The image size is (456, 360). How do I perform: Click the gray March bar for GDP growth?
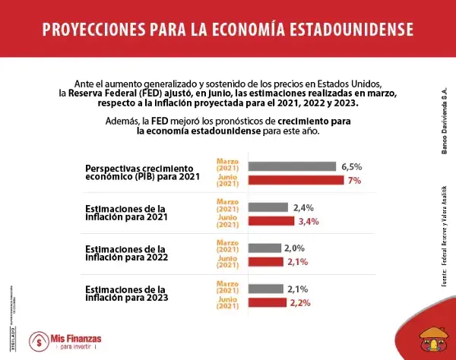pyautogui.click(x=293, y=166)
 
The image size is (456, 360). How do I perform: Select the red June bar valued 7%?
pyautogui.click(x=296, y=180)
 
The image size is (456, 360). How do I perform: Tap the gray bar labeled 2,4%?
pyautogui.click(x=268, y=207)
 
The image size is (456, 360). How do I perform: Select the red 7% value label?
pyautogui.click(x=354, y=180)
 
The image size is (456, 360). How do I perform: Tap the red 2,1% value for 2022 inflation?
pyautogui.click(x=296, y=262)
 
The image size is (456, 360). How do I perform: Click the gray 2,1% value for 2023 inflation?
pyautogui.click(x=296, y=289)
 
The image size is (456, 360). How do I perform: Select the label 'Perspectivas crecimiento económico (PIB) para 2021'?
pyautogui.click(x=143, y=172)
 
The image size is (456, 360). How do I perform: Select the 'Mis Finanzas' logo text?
pyautogui.click(x=76, y=336)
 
